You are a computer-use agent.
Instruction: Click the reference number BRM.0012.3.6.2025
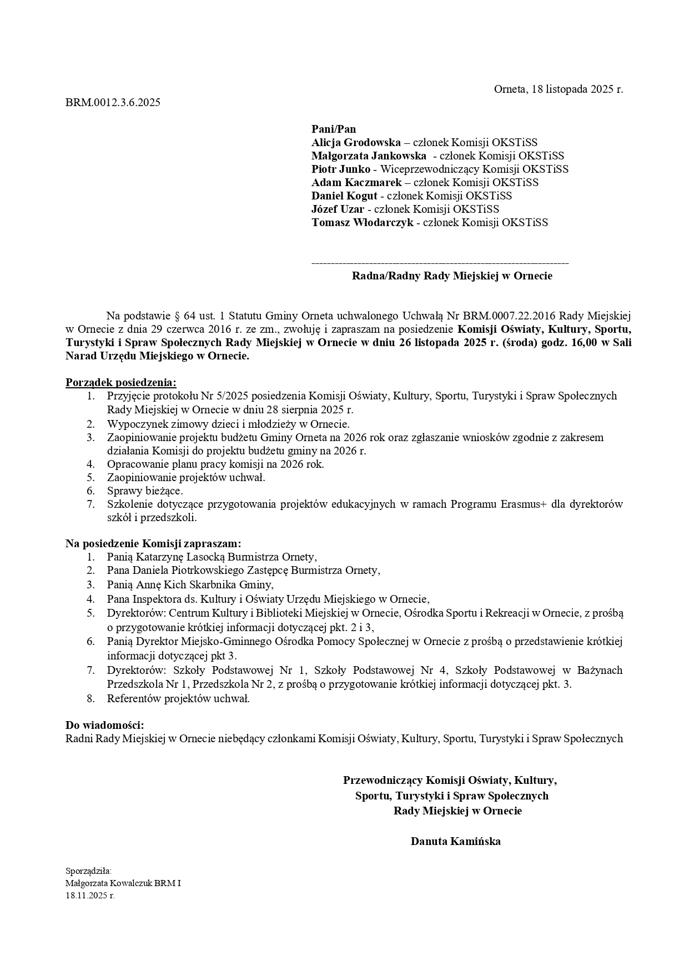coord(113,102)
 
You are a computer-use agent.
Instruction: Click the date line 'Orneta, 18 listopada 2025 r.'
coord(559,89)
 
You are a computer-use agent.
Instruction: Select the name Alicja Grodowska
coord(356,143)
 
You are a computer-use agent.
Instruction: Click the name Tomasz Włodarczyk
coord(362,223)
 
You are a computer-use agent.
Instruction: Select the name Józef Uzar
coord(338,209)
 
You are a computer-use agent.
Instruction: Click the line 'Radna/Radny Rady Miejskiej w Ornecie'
coord(452,276)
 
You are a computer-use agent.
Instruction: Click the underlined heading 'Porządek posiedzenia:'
coord(121,382)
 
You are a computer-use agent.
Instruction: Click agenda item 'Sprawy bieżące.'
coord(145,491)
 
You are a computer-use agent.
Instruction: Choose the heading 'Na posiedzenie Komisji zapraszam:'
coord(153,543)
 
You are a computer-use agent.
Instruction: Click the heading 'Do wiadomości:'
coord(105,725)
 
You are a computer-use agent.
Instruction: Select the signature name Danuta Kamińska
coord(455,841)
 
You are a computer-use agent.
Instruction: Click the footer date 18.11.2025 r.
coord(90,896)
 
